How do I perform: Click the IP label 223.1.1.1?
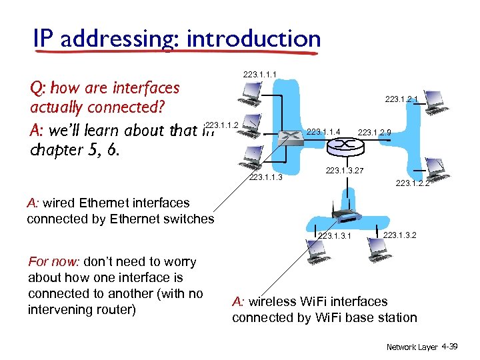[x=260, y=74]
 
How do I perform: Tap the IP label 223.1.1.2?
[x=223, y=125]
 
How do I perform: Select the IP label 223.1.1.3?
[x=265, y=177]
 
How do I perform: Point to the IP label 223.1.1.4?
[x=324, y=132]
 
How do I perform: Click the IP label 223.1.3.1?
[x=335, y=236]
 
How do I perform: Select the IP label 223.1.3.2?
[x=400, y=235]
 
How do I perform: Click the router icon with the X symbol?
[x=289, y=139]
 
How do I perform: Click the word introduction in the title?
[x=253, y=39]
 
